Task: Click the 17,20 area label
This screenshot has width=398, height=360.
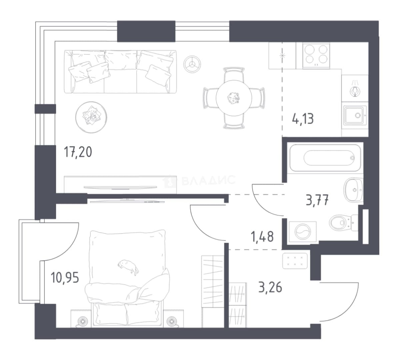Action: point(78,152)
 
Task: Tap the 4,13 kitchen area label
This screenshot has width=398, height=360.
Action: point(303,119)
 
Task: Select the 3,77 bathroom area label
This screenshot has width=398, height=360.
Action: point(317,200)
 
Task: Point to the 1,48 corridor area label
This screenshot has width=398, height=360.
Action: point(262,237)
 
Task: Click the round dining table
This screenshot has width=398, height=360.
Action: point(234,98)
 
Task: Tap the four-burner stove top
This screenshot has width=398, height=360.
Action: point(316,56)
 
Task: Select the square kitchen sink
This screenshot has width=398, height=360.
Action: point(355,116)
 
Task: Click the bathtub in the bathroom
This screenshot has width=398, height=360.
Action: point(325,158)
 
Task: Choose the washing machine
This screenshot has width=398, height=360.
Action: point(303,232)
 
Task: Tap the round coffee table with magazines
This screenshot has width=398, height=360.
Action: point(91,117)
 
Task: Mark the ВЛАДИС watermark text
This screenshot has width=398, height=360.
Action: point(200,181)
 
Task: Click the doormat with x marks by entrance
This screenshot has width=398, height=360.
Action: point(295,261)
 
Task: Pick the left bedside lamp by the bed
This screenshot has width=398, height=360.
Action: point(82,321)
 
